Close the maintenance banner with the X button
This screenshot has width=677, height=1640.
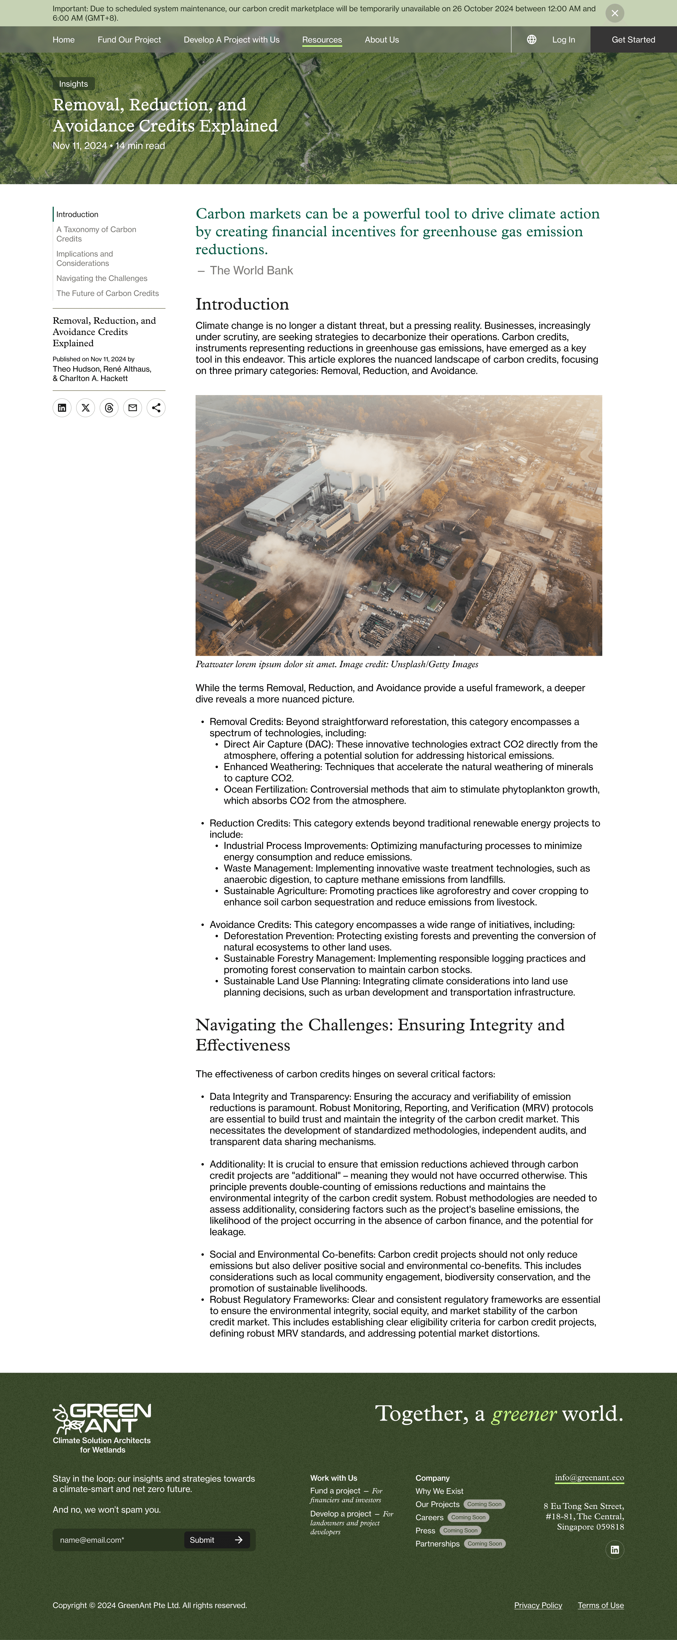[614, 13]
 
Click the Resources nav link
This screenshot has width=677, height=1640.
[322, 39]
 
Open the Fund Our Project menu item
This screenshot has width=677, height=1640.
[129, 39]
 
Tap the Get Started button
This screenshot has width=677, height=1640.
[633, 39]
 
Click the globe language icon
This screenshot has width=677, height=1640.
[531, 39]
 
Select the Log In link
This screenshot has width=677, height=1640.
[563, 39]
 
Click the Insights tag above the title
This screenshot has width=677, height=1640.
[73, 84]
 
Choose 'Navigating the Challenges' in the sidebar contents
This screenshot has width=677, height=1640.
[101, 278]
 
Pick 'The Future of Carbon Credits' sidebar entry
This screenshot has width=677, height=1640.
[107, 293]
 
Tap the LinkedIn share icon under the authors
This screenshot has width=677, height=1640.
[62, 408]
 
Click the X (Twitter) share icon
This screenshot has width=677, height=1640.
[85, 408]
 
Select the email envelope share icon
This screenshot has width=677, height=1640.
[133, 408]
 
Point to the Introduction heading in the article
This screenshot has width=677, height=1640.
[242, 304]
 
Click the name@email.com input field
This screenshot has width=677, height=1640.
[118, 1540]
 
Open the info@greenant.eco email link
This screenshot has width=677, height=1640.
[589, 1478]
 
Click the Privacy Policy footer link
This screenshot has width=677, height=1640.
[538, 1606]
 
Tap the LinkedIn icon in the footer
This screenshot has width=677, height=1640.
[614, 1550]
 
